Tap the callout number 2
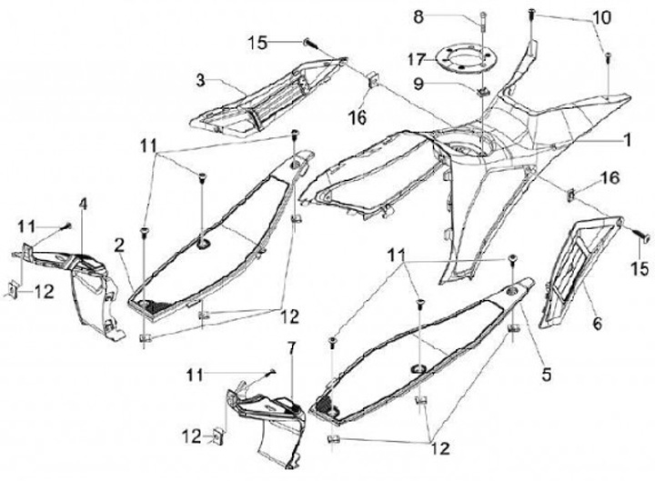coord(119,243)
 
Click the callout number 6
coord(599,321)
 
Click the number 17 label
coord(417,59)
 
